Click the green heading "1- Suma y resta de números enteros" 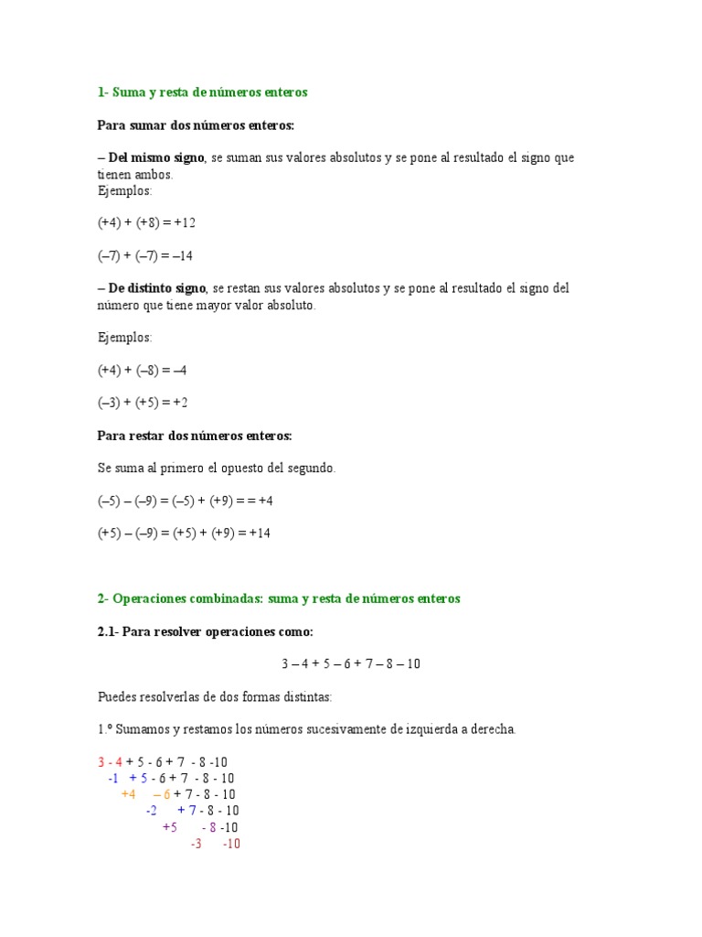[202, 92]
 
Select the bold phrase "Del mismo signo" [155, 158]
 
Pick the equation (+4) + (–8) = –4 [143, 371]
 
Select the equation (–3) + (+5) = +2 [143, 403]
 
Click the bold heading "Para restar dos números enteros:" [195, 436]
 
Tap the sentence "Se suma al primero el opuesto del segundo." [217, 468]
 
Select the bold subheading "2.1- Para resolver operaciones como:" [205, 631]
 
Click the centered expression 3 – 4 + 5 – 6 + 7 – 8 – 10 [351, 664]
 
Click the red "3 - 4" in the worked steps [110, 762]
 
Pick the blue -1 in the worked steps [113, 779]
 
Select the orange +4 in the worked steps [128, 794]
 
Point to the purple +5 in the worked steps [170, 827]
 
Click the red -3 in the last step [196, 844]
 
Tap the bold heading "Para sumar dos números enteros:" [196, 125]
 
